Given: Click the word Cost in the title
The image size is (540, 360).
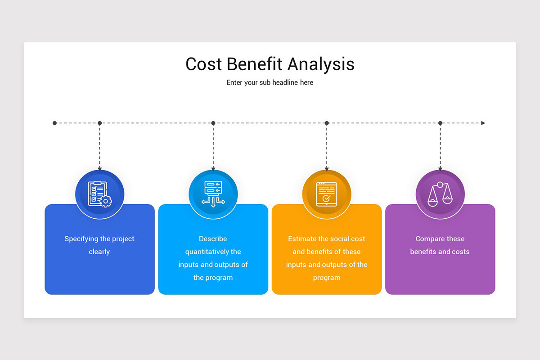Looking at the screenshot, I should pyautogui.click(x=203, y=64).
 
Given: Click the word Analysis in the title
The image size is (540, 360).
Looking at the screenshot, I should pyautogui.click(x=321, y=64).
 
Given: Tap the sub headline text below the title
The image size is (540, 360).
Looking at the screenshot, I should pyautogui.click(x=270, y=83).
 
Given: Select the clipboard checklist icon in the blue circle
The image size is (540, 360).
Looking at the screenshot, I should pyautogui.click(x=99, y=194).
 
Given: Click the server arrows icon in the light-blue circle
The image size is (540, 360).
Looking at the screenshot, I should pyautogui.click(x=213, y=194).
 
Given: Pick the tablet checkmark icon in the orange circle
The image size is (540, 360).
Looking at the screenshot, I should pyautogui.click(x=326, y=194).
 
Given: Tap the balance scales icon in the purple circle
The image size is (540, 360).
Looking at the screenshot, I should pyautogui.click(x=440, y=194).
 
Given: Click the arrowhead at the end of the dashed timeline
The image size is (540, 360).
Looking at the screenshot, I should pyautogui.click(x=483, y=123).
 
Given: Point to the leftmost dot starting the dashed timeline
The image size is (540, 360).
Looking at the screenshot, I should pyautogui.click(x=55, y=123).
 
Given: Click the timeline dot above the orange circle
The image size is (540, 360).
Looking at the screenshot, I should pyautogui.click(x=327, y=123).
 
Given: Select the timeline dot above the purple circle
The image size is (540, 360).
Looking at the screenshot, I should pyautogui.click(x=440, y=123).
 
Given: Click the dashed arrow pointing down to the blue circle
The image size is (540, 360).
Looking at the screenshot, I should pyautogui.click(x=100, y=148).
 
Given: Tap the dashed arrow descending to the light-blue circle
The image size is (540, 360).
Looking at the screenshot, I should pyautogui.click(x=213, y=148).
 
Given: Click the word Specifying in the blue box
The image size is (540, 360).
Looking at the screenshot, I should pyautogui.click(x=81, y=239).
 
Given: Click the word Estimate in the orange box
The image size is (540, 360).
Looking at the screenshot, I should pyautogui.click(x=302, y=239).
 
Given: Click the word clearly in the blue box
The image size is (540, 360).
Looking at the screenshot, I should pyautogui.click(x=99, y=252).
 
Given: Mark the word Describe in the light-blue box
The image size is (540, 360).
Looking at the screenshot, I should pyautogui.click(x=213, y=239).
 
